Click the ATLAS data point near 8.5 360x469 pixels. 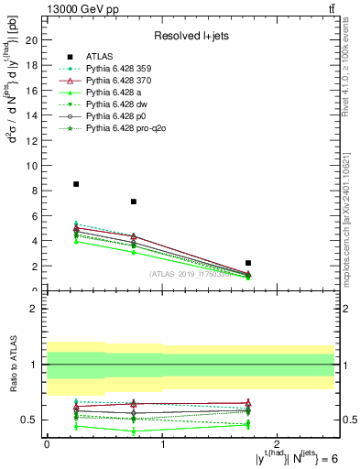click(x=76, y=184)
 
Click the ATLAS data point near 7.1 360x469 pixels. click(x=134, y=202)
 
